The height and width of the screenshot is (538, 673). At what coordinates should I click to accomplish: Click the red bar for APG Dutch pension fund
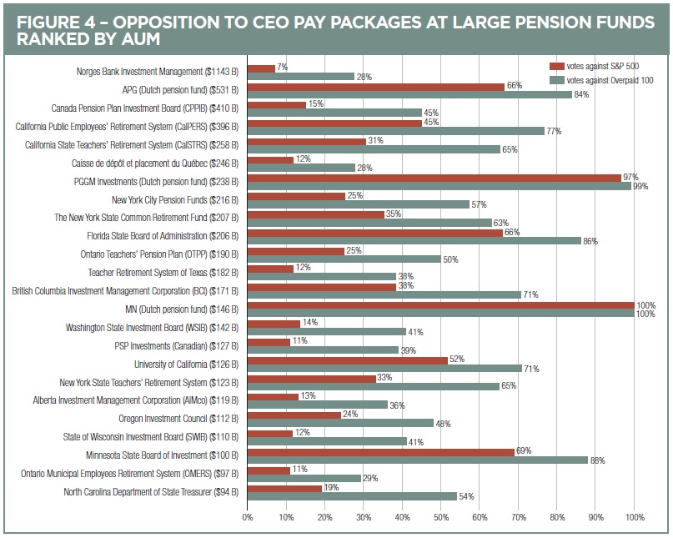point(376,87)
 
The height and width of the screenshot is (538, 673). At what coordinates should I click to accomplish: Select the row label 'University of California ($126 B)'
point(186,365)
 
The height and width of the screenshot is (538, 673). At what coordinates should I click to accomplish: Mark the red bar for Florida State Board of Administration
point(376,233)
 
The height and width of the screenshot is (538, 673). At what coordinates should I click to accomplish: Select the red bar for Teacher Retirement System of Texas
point(271,269)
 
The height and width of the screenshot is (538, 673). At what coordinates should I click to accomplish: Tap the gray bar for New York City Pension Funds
point(359,204)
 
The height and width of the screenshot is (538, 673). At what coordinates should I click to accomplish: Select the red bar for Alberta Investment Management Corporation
point(274,396)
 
